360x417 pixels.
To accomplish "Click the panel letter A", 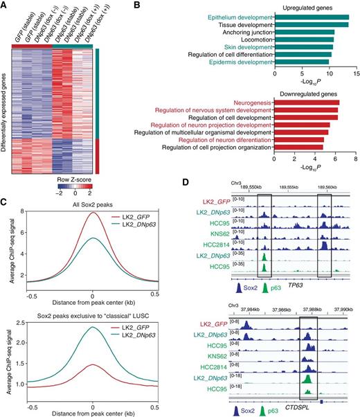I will (5, 6).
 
